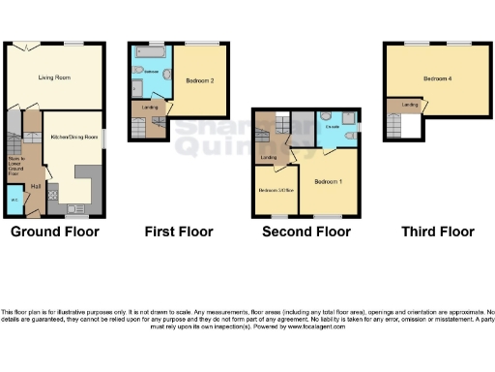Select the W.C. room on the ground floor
[15, 201]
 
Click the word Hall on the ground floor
[35, 184]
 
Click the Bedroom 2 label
[199, 81]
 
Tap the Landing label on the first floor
[150, 107]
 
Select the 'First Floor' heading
[177, 232]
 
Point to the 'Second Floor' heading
[306, 232]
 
